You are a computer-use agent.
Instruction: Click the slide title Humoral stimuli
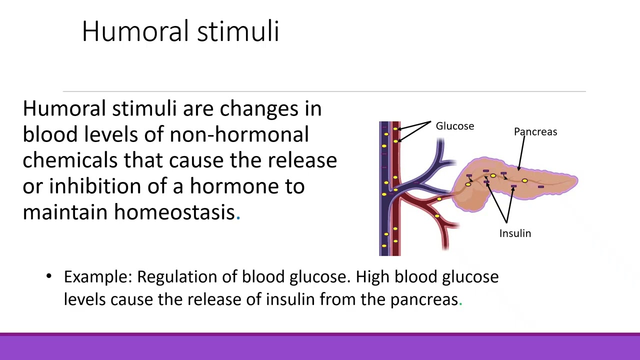180,31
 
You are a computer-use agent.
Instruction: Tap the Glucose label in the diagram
454,126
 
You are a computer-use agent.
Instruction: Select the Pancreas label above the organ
535,132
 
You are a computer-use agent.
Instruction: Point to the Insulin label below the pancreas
515,233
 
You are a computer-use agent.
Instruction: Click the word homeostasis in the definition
174,212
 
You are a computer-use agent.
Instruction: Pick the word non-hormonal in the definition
238,134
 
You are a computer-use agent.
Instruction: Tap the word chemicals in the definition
70,160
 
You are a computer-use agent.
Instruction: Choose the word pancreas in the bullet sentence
424,299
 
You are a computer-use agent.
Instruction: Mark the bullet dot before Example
48,276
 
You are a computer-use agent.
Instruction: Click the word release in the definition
302,160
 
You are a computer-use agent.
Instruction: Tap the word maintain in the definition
65,212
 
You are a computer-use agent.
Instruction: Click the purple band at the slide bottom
320,347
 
